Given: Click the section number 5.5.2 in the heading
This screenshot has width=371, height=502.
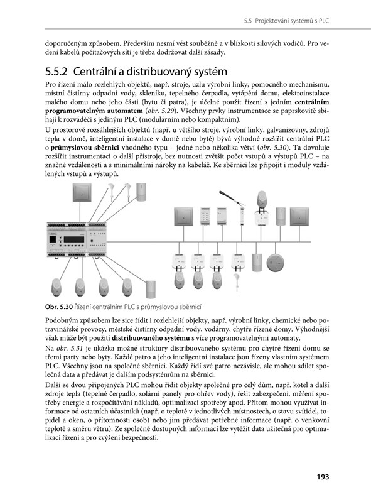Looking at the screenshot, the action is point(56,72).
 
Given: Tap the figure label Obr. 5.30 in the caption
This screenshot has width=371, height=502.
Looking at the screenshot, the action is point(59,307).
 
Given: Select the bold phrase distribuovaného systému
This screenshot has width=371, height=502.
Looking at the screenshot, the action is point(151,338).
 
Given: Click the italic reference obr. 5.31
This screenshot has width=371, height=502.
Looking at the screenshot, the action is point(67,348).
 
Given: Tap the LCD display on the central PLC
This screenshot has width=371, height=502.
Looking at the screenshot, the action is point(74,239).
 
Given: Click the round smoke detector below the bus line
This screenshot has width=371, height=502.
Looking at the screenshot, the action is point(276,263).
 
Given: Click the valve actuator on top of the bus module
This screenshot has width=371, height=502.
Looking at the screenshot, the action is point(262,199).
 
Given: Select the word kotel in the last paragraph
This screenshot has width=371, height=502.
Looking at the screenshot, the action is point(300,385).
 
